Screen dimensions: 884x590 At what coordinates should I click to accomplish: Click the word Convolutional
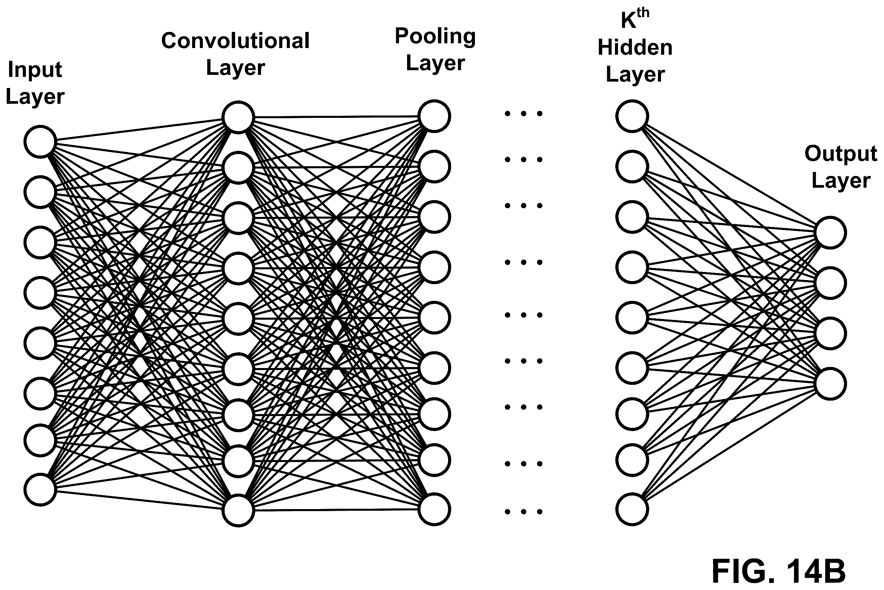(x=235, y=41)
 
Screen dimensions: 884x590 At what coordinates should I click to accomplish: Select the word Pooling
(x=435, y=37)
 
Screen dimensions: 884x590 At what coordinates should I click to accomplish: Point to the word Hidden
(x=635, y=47)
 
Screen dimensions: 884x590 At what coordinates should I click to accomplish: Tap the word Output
(x=841, y=154)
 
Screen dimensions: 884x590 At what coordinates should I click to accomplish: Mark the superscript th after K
(x=643, y=12)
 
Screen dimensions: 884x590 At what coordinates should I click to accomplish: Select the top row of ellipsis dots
(x=524, y=113)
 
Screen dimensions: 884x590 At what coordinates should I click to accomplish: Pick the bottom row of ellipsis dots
(x=524, y=511)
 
